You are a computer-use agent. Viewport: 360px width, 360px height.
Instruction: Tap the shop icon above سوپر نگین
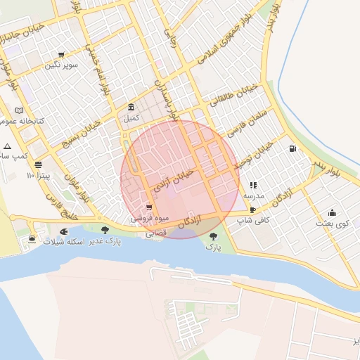[61, 55]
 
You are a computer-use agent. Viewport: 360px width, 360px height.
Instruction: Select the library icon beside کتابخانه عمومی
[19, 110]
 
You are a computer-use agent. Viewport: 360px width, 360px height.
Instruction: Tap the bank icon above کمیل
[131, 108]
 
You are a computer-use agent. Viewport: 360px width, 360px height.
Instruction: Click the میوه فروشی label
[148, 219]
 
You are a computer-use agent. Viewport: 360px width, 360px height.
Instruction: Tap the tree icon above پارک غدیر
[105, 230]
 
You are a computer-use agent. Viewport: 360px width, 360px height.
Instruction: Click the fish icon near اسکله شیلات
[64, 231]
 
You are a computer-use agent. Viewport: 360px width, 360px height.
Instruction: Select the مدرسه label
[253, 195]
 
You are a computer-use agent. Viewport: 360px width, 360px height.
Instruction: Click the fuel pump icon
[292, 148]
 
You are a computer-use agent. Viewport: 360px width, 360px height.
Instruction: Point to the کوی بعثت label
[333, 224]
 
